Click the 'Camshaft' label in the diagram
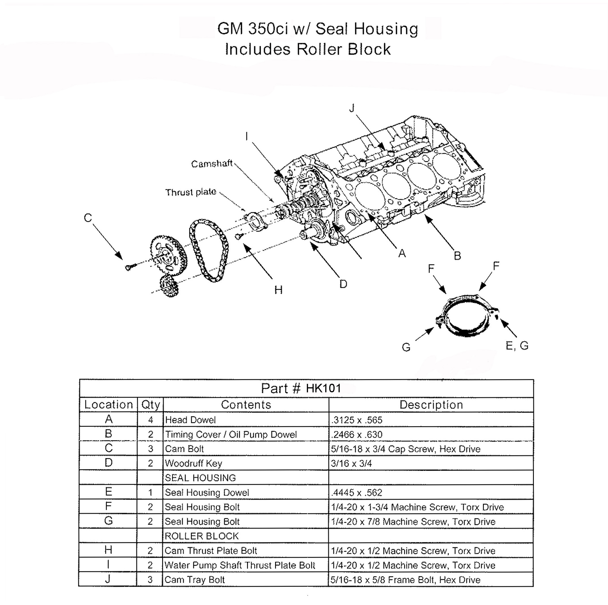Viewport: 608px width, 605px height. click(x=211, y=164)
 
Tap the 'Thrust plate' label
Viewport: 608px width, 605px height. click(x=191, y=192)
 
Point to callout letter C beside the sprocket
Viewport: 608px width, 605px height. click(x=88, y=218)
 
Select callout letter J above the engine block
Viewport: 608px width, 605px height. click(x=352, y=108)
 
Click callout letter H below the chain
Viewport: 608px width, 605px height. click(x=278, y=290)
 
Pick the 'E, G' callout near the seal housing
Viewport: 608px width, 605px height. click(x=517, y=346)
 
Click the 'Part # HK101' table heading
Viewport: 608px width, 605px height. click(x=301, y=388)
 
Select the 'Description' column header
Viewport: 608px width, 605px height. click(x=431, y=405)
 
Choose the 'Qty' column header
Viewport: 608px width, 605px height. click(x=150, y=405)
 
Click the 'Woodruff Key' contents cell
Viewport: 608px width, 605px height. click(x=194, y=463)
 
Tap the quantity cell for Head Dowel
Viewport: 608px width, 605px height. click(x=150, y=420)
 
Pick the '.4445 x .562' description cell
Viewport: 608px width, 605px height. click(x=357, y=492)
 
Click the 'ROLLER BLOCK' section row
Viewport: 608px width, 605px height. click(x=202, y=536)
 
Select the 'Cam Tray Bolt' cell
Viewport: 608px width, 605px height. click(x=194, y=580)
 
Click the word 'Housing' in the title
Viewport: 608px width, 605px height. click(x=386, y=29)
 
